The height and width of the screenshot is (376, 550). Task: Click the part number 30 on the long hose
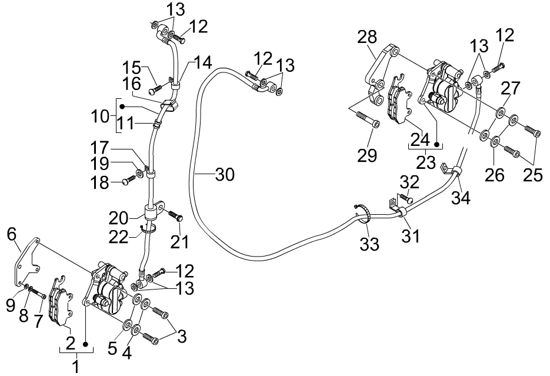[225, 174]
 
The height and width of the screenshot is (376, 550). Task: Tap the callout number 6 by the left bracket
[12, 234]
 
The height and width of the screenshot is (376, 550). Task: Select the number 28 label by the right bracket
[367, 37]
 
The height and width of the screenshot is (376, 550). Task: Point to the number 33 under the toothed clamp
[369, 244]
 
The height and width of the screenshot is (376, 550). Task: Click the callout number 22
[118, 237]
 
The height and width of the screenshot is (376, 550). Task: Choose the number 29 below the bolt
[367, 155]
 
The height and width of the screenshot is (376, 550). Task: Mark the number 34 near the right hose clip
[461, 198]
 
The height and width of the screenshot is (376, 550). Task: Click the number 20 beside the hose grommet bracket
[118, 218]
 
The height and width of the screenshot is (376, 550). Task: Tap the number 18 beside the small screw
[99, 183]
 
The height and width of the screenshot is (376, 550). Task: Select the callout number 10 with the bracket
[101, 116]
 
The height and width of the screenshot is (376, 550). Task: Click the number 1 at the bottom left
[76, 367]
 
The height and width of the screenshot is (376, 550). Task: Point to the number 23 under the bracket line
[426, 162]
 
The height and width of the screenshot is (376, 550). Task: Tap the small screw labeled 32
[406, 198]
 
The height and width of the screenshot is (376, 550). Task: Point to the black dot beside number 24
[436, 144]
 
